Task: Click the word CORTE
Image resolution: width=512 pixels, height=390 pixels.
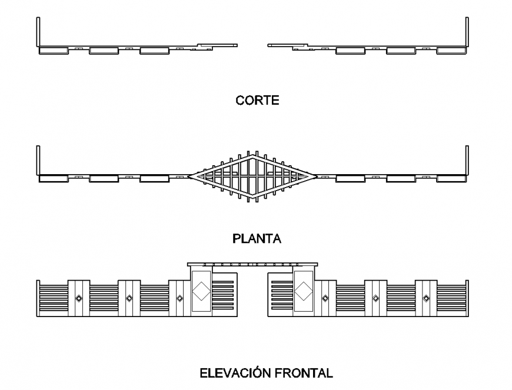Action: [x=257, y=101]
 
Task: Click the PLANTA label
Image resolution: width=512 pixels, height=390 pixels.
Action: [x=257, y=239]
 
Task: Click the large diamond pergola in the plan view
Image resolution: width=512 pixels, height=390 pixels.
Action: [x=253, y=175]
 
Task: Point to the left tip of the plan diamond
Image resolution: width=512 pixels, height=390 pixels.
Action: [x=189, y=175]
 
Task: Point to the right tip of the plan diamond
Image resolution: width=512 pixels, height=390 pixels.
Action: [x=317, y=175]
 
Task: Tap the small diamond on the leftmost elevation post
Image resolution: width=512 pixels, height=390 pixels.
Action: [x=78, y=298]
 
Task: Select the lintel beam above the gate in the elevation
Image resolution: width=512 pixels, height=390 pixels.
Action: [x=252, y=265]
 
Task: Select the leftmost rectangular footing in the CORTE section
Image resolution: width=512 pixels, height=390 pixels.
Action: [x=54, y=51]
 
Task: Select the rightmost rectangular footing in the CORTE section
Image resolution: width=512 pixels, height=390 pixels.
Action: [x=452, y=51]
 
